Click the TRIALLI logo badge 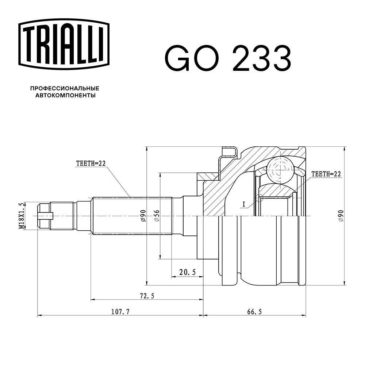click(64, 44)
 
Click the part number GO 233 click(228, 58)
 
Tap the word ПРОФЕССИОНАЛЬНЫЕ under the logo click(65, 88)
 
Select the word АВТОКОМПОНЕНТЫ click(65, 95)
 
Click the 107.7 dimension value click(120, 311)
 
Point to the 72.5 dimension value click(147, 296)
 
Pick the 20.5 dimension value click(187, 272)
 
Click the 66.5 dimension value click(254, 311)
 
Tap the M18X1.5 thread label click(22, 216)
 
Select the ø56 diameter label click(157, 216)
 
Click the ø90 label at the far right click(341, 216)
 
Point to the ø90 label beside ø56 click(143, 216)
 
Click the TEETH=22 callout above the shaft click(91, 164)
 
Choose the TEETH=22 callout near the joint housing click(326, 174)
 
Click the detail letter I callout click(244, 204)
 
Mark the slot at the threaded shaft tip click(45, 216)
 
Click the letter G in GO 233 click(178, 58)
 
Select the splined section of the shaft click(132, 216)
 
